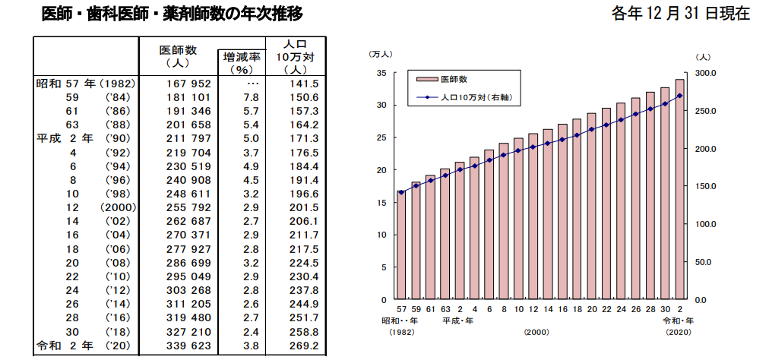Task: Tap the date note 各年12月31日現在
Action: coord(680,14)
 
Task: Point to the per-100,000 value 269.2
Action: coord(304,346)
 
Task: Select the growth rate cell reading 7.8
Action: coord(251,97)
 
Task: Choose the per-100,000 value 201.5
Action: coord(304,207)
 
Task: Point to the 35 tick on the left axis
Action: coord(382,73)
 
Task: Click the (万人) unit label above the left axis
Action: coord(380,55)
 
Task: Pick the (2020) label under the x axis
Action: coord(679,332)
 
